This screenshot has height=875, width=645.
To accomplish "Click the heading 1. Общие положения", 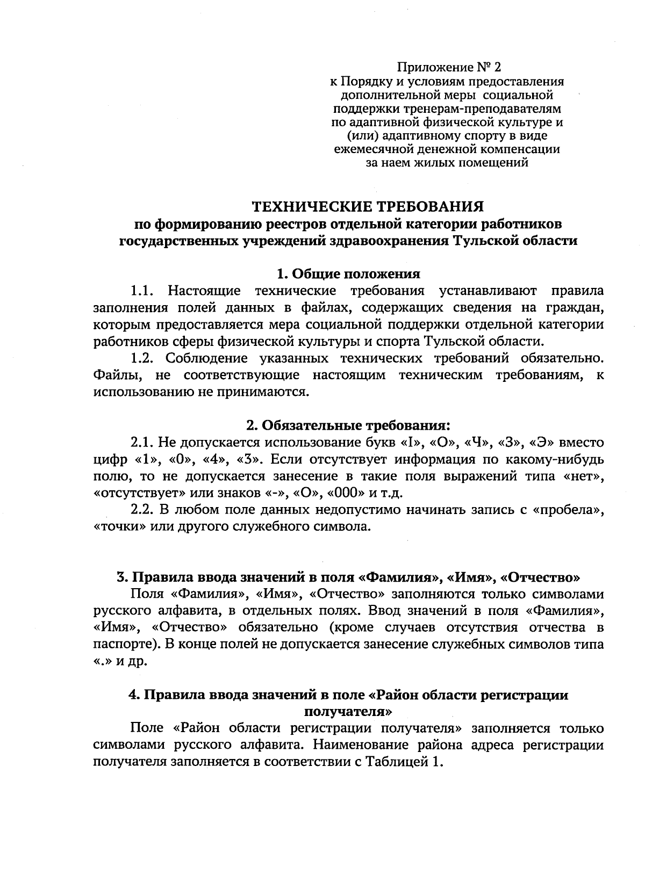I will pos(348,274).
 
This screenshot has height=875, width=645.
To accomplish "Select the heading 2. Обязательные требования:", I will pos(348,426).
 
